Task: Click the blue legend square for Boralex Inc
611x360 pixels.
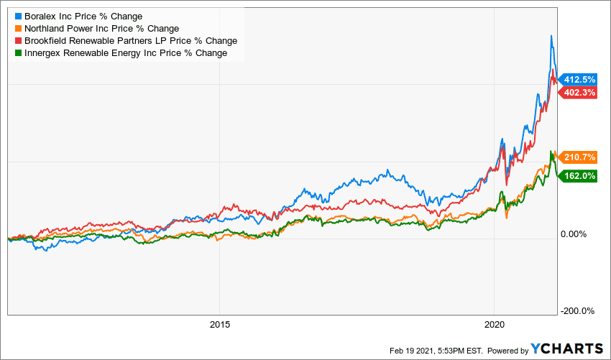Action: coord(19,16)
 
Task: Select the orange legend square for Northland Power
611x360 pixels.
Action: coord(19,28)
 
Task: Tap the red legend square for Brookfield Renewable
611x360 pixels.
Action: coord(19,40)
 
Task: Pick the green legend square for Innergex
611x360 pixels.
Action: coord(19,52)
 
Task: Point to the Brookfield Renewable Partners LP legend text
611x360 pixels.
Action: coord(131,40)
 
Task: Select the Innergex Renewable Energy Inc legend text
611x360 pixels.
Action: coord(126,52)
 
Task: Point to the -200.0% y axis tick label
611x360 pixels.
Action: coord(576,311)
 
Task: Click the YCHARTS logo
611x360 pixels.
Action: coord(567,349)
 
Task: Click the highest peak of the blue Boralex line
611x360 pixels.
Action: coord(551,35)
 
